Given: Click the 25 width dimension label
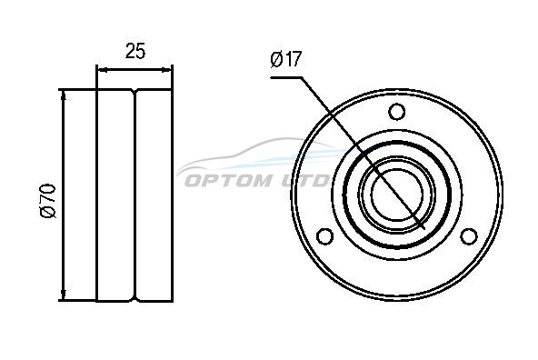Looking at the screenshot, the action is click(x=135, y=50).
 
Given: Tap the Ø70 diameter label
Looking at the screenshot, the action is click(x=47, y=201).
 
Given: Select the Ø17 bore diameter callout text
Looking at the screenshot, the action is click(x=285, y=59).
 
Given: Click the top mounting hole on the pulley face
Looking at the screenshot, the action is click(x=396, y=111).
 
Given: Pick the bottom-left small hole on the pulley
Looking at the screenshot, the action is click(x=324, y=236).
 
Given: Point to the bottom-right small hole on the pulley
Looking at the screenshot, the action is click(x=469, y=236).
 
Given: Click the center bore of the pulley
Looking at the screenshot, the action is click(x=396, y=195).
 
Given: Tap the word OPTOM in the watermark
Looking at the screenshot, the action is click(x=228, y=180).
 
